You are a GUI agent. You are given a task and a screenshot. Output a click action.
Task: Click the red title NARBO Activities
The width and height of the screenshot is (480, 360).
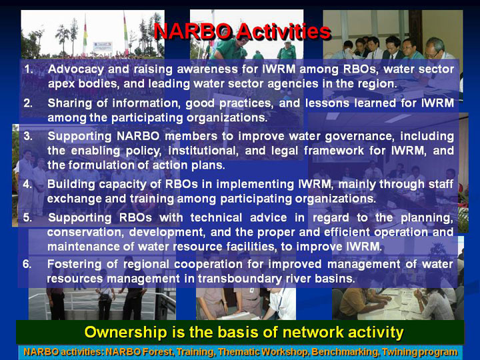point(242,31)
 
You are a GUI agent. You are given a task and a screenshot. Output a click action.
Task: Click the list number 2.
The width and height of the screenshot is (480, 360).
point(28,103)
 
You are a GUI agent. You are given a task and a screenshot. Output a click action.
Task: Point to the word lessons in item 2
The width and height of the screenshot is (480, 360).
point(327,103)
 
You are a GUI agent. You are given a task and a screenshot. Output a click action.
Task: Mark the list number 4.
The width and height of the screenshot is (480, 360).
point(27,184)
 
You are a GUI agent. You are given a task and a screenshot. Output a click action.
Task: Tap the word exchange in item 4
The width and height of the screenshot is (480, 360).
point(74,199)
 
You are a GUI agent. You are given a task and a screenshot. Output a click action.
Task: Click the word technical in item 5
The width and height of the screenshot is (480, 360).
point(216,217)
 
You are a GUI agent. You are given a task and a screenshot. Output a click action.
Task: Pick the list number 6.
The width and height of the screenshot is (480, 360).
point(27,264)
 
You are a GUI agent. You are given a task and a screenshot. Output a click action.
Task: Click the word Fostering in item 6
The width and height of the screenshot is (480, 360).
point(74,265)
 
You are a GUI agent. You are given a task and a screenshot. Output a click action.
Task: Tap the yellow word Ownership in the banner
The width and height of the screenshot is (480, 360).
point(125,333)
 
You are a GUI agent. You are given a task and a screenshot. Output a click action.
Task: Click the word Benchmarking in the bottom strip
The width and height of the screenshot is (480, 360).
point(345,352)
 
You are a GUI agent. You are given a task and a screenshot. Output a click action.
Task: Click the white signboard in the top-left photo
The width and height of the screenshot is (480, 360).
point(103,46)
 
